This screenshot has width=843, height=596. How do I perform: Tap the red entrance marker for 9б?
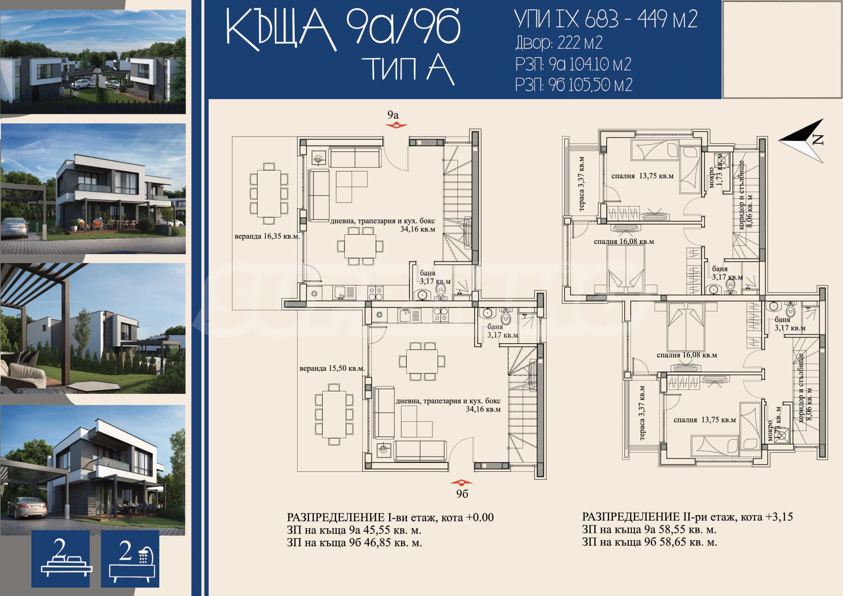point(462,482)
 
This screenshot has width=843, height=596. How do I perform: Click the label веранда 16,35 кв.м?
point(267,236)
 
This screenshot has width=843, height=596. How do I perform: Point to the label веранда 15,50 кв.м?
point(332,368)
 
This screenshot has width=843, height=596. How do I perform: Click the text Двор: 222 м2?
point(559,43)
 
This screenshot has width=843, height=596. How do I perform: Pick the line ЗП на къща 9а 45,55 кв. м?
point(354,530)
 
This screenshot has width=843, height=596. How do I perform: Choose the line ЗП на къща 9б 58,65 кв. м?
point(649,542)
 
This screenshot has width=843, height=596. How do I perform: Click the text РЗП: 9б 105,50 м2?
point(574,85)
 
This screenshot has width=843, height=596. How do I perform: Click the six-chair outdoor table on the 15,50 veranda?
point(334,414)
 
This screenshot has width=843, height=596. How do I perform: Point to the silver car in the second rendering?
point(15,228)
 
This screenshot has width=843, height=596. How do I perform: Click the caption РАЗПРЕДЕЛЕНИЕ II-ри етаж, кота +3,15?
point(687,517)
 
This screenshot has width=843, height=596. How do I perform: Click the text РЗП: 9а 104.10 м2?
point(573,65)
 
